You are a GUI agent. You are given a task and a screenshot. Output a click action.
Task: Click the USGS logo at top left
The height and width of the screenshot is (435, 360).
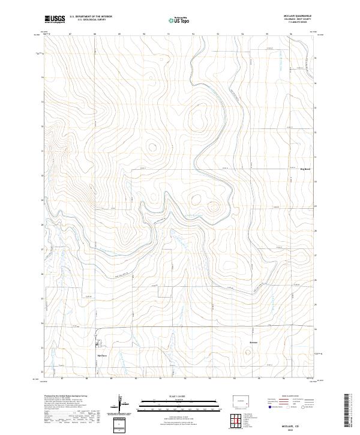pyautogui.click(x=55, y=19)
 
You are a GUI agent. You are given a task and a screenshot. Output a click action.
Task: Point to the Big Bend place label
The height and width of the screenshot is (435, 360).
pyautogui.click(x=305, y=169)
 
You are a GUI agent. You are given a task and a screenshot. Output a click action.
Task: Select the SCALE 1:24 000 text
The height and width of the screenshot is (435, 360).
pyautogui.click(x=168, y=395)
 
